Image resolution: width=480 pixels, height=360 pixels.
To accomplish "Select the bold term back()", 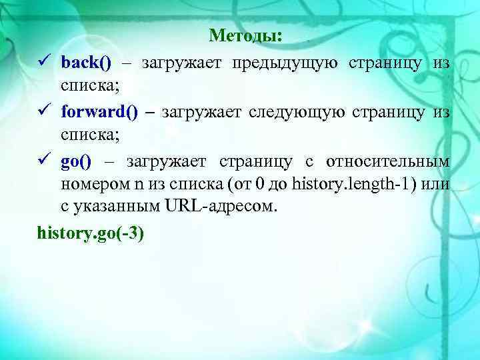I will point(86,63).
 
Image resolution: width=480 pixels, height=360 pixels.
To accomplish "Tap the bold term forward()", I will point(99,112).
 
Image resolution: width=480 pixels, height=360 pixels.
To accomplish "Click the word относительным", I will point(387,161).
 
